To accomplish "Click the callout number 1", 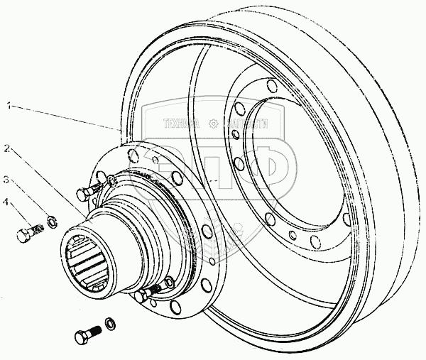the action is click(8, 107).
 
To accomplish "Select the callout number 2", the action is click(6, 149).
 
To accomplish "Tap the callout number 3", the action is click(6, 178).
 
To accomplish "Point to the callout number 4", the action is click(6, 203).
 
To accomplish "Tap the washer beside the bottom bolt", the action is click(110, 324).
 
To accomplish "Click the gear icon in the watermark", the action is click(213, 123).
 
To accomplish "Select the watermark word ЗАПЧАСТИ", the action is click(245, 123).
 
